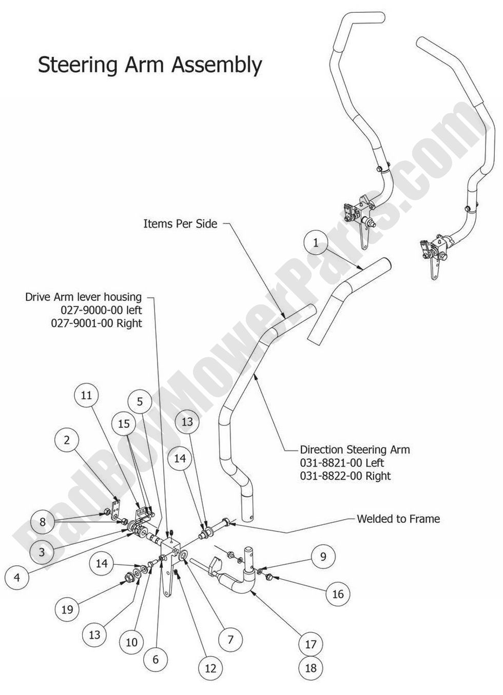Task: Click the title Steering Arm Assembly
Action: click(x=150, y=65)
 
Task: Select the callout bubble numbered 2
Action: click(x=67, y=440)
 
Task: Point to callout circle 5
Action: click(x=140, y=402)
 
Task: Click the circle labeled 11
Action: click(x=86, y=395)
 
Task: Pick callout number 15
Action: click(x=124, y=424)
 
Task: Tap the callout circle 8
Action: click(x=43, y=522)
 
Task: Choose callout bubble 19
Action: click(x=67, y=609)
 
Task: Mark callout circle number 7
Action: click(x=230, y=640)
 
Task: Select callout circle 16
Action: click(x=338, y=595)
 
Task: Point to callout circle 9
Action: click(x=323, y=557)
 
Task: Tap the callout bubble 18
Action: click(x=311, y=668)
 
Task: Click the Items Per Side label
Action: click(x=180, y=224)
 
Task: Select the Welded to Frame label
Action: click(x=398, y=519)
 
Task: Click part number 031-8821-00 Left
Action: click(x=342, y=463)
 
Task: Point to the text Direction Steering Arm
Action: click(x=355, y=449)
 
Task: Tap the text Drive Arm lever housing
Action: click(x=83, y=297)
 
